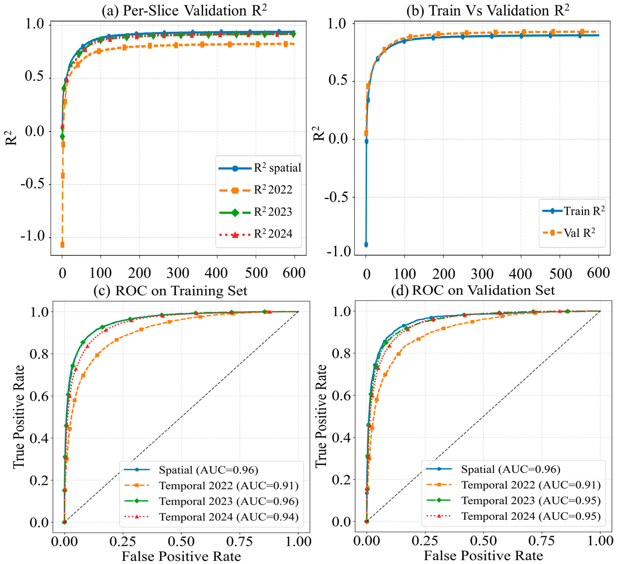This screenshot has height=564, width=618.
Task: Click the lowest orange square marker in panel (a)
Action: pos(62,244)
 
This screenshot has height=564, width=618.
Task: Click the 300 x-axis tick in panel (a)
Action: pos(178,273)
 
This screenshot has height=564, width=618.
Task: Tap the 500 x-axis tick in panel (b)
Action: pos(560,274)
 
